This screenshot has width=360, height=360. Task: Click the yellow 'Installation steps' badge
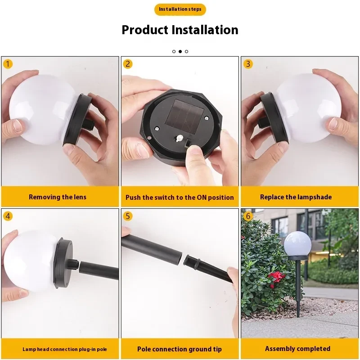[x=180, y=9]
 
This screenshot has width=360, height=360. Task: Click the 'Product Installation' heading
[x=180, y=30]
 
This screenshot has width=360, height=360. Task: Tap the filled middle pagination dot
[x=180, y=51]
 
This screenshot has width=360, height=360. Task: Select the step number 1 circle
[x=8, y=64]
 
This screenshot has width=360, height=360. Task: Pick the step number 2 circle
[x=128, y=64]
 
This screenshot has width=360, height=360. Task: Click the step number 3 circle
[x=248, y=64]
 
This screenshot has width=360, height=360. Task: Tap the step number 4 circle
[x=8, y=216]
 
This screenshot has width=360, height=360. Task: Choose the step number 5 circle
[x=128, y=216]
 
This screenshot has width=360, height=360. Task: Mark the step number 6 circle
[x=248, y=216]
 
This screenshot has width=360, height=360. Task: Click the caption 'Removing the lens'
[x=58, y=197]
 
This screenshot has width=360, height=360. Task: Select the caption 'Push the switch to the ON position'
[x=180, y=198]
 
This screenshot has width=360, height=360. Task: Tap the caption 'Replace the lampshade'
[x=296, y=197]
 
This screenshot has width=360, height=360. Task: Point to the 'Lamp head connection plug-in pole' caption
[x=58, y=349]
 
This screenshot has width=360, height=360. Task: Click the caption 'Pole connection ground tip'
[x=180, y=349]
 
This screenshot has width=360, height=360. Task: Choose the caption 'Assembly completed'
[x=297, y=349]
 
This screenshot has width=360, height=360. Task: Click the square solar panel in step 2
[x=180, y=115]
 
